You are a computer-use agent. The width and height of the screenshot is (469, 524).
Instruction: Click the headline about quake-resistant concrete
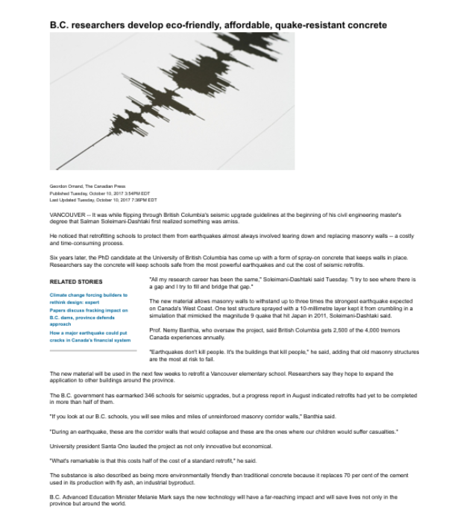(218, 25)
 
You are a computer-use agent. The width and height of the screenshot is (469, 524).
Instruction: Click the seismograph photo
(171, 101)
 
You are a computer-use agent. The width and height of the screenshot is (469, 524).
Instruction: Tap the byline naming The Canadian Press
(87, 186)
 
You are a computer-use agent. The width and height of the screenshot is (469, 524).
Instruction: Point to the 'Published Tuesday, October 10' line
(99, 193)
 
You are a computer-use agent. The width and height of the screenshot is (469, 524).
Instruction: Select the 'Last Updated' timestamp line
(103, 200)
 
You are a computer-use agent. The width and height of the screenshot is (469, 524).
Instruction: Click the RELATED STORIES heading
(76, 282)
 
